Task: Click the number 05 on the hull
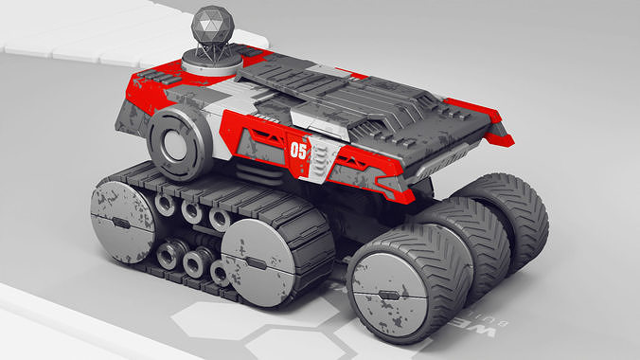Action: tap(298, 151)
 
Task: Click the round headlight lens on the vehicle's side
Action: tap(177, 142)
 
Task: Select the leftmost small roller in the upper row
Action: tap(166, 205)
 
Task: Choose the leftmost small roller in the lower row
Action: tap(172, 254)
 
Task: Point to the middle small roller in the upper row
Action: tap(192, 212)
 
